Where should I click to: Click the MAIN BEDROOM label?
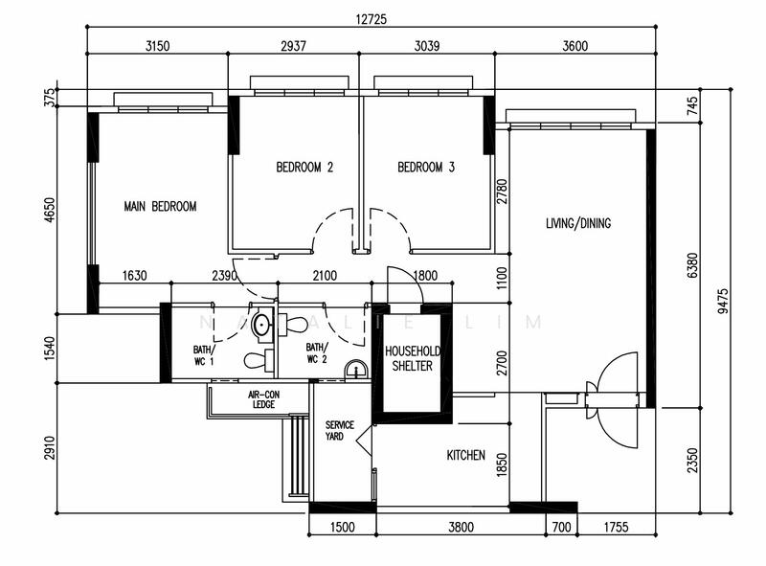[x=160, y=206]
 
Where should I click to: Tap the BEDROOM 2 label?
[x=304, y=168]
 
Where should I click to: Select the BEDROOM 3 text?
[x=426, y=168]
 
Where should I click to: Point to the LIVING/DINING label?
[x=577, y=224]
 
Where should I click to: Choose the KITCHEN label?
[x=465, y=456]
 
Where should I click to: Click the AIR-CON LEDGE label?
[x=261, y=399]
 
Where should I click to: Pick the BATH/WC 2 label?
[x=317, y=353]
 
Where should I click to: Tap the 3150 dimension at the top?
[x=157, y=44]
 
